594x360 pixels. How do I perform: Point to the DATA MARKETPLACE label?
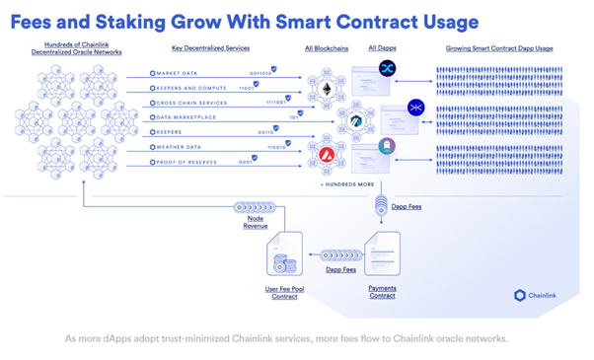(186, 117)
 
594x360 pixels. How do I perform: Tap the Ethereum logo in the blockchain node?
(326, 91)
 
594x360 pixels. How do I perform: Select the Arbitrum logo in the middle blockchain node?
(354, 121)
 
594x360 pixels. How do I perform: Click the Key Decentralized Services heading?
(210, 47)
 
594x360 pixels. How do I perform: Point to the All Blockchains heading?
(326, 47)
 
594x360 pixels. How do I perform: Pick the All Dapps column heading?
(383, 47)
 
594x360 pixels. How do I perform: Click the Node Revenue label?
(256, 222)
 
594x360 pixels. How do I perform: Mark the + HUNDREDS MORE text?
(345, 184)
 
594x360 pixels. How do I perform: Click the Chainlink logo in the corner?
(537, 295)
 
